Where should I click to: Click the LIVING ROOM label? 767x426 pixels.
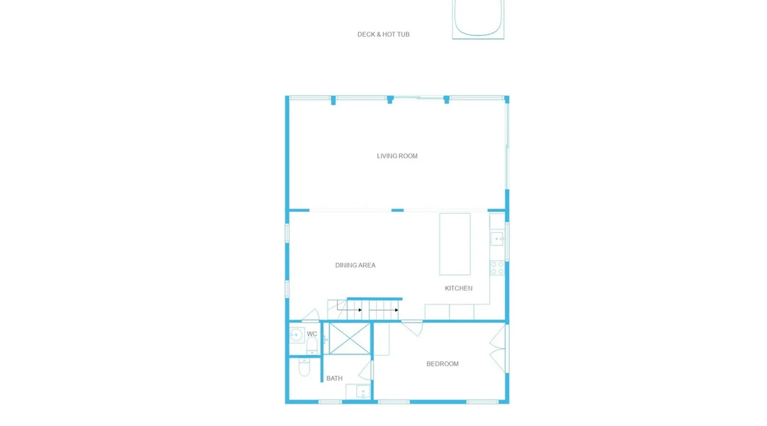tap(397, 156)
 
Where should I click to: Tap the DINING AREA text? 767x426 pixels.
tap(355, 265)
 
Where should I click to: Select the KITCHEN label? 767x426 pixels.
tap(458, 288)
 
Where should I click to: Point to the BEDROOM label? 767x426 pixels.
tap(442, 363)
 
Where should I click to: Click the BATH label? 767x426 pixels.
tap(334, 378)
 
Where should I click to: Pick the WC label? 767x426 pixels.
tap(312, 334)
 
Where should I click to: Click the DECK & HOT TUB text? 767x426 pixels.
tap(383, 34)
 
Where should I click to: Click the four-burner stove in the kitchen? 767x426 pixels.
tap(497, 268)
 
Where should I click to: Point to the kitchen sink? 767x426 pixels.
tap(497, 239)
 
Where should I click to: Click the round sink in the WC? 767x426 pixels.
tap(296, 335)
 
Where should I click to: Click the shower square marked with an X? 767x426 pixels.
tap(349, 339)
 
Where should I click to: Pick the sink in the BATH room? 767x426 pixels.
tap(362, 391)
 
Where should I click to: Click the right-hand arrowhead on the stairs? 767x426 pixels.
tap(397, 310)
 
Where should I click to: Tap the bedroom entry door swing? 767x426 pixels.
tap(412, 328)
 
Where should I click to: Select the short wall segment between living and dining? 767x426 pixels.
tap(398, 210)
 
